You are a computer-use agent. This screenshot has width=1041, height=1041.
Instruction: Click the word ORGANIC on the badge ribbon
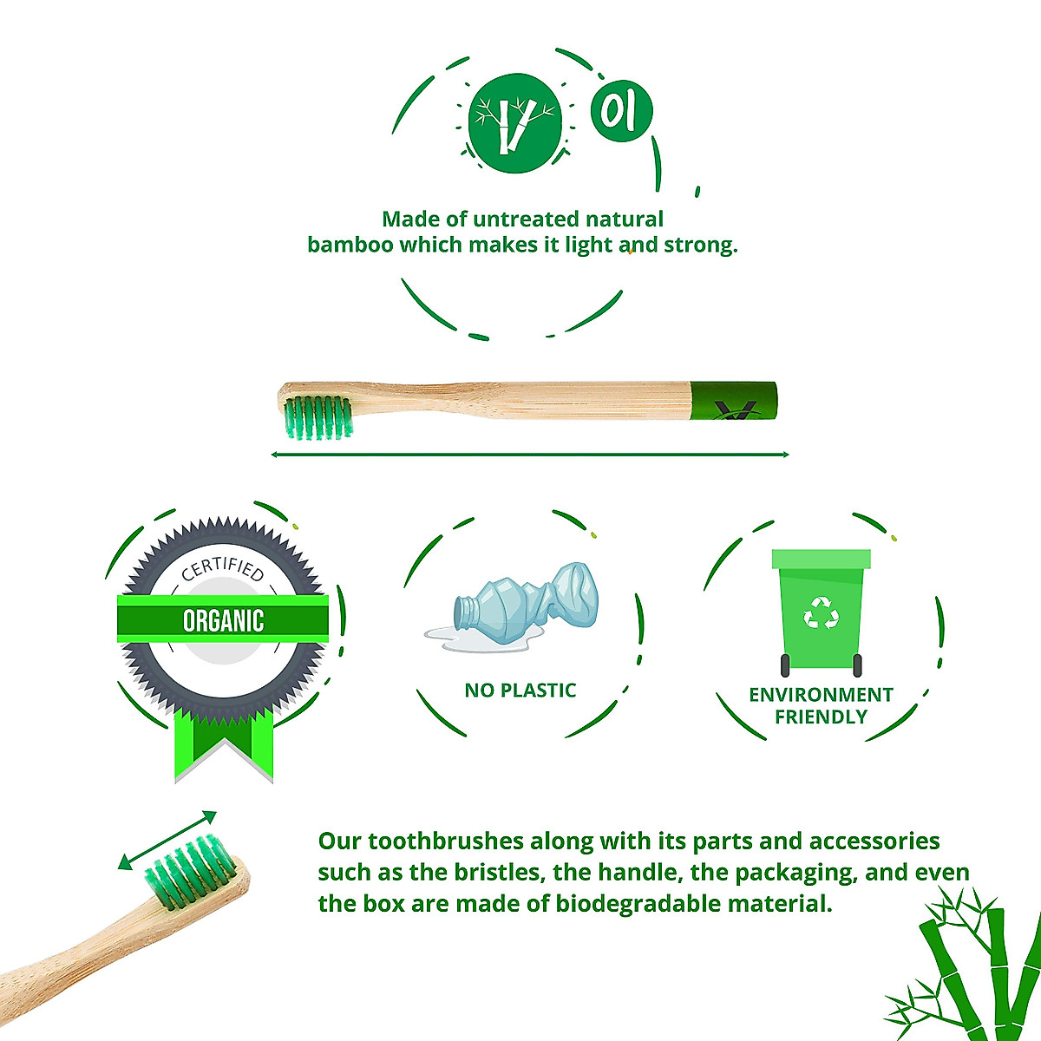point(223,620)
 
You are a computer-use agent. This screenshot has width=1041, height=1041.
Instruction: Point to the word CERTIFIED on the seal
point(222,569)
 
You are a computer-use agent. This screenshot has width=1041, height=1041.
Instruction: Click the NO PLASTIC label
point(520,691)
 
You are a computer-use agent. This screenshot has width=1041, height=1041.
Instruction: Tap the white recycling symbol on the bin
point(821,612)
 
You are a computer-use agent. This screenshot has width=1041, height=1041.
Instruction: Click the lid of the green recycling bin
point(821,558)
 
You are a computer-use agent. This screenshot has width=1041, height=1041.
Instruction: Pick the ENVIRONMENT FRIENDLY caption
point(821,705)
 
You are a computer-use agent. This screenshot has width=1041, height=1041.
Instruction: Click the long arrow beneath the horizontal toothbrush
point(529,454)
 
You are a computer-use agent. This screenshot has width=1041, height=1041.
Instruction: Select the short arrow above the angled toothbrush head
point(167,840)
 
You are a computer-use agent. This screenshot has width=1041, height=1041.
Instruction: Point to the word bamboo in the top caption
point(350,245)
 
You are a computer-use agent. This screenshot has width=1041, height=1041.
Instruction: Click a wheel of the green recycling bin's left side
point(785,665)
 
